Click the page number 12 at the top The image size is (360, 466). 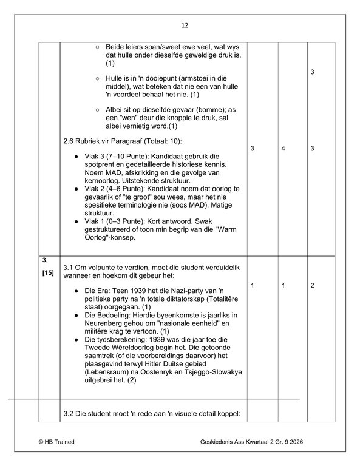(185, 25)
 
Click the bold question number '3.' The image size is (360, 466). (45, 260)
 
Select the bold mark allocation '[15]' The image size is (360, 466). (48, 272)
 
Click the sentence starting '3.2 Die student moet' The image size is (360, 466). (152, 414)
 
